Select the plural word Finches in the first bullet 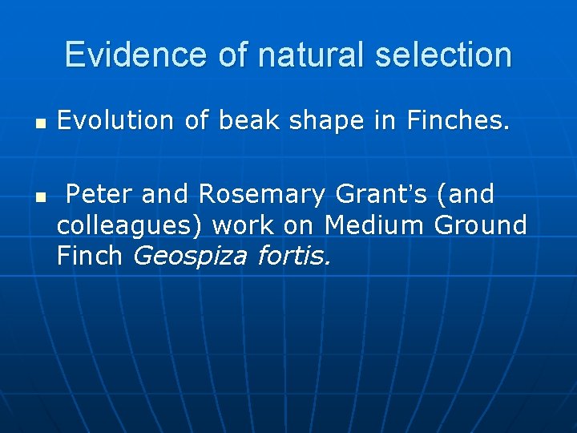click(458, 120)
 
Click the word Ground click(480, 225)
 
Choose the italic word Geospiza click(189, 257)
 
